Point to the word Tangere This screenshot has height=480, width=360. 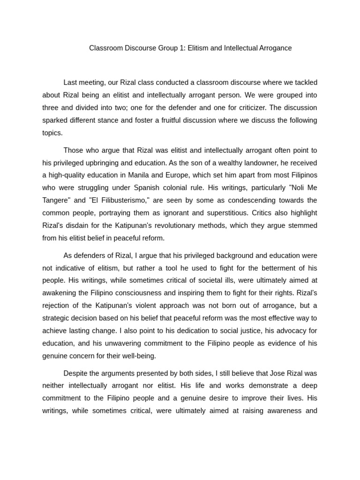point(56,201)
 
